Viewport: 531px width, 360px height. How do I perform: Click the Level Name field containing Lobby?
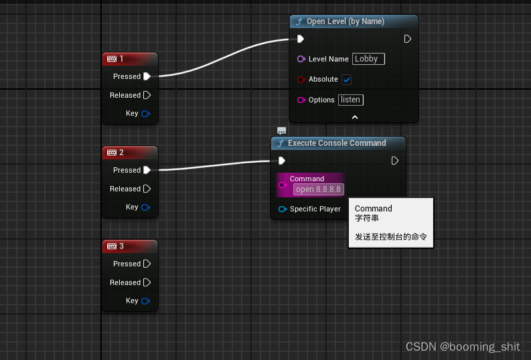[368, 59]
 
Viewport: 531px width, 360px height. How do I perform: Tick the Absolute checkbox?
[346, 80]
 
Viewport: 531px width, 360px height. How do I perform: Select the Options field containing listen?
[350, 100]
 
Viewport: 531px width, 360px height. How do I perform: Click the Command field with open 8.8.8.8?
[318, 189]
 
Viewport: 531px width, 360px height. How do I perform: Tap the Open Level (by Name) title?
[345, 21]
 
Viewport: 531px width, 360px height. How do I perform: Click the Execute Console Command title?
[337, 143]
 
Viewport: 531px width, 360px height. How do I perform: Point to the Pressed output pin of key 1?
[147, 76]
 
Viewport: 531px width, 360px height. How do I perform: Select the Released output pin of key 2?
[147, 189]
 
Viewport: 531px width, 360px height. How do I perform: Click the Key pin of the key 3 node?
[145, 301]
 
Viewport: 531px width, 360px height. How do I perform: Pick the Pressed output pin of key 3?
[147, 264]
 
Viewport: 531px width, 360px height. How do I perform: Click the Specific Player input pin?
[283, 209]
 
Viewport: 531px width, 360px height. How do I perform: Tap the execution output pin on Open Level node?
[407, 39]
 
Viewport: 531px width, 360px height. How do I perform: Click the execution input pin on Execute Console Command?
[282, 161]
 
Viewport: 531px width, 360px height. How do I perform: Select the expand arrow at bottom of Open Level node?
[355, 117]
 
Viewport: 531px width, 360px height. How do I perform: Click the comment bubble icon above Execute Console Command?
[281, 130]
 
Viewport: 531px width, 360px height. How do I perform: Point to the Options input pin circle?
[301, 100]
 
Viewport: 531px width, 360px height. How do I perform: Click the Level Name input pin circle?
[301, 59]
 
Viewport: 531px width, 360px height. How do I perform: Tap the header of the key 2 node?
[130, 153]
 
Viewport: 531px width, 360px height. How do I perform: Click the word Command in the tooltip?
[374, 209]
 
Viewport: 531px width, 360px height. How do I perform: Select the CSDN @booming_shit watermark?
[463, 347]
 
